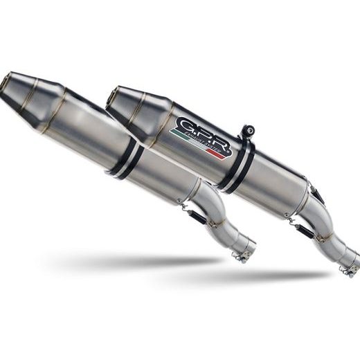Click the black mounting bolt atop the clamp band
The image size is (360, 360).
tap(248, 130)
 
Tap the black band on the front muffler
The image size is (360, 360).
tap(126, 160)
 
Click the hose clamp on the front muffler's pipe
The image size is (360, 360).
tap(240, 256)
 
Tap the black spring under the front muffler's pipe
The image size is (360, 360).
tap(197, 215)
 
